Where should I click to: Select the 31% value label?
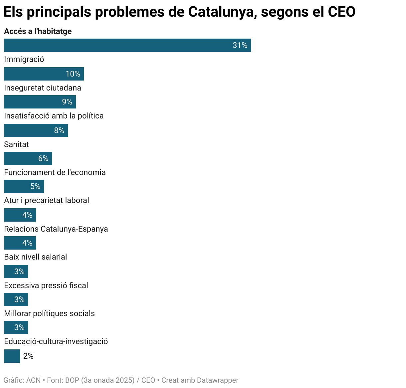tap(240, 45)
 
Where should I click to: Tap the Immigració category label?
tap(24, 60)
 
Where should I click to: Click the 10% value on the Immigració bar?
tap(73, 74)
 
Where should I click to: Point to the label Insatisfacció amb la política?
tap(54, 116)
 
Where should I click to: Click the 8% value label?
tap(59, 130)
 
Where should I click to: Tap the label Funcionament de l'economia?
tap(55, 172)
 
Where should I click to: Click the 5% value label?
tap(35, 186)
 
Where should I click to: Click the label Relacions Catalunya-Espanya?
tap(56, 229)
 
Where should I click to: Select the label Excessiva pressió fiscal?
tap(46, 286)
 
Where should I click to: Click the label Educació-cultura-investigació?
tap(56, 341)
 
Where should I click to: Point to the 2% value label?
tap(28, 356)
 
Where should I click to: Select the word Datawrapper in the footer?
tap(218, 380)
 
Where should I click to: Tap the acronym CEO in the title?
tap(341, 12)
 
